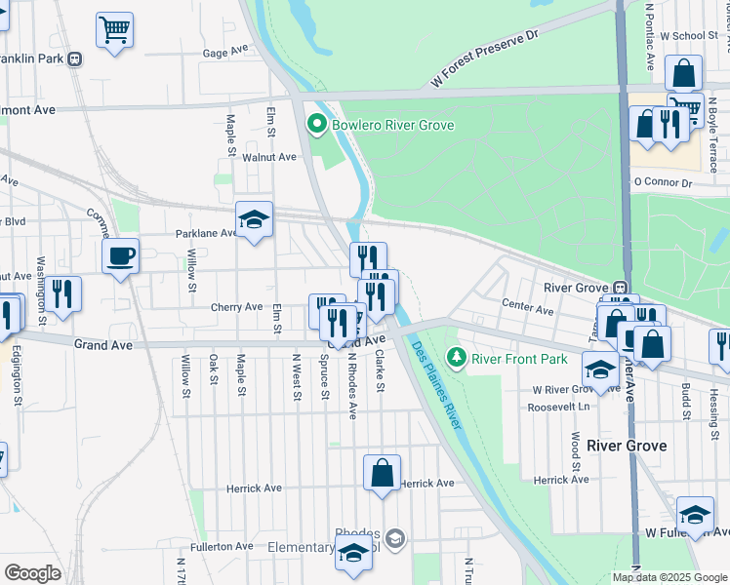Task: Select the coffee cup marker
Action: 121,256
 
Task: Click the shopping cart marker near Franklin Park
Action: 114,30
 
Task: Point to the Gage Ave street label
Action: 225,54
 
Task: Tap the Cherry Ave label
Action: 236,307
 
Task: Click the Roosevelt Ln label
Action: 556,407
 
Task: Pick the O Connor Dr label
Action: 662,182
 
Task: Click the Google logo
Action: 32,573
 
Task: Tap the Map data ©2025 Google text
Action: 669,577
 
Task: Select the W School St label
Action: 688,35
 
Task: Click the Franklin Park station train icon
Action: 74,58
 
